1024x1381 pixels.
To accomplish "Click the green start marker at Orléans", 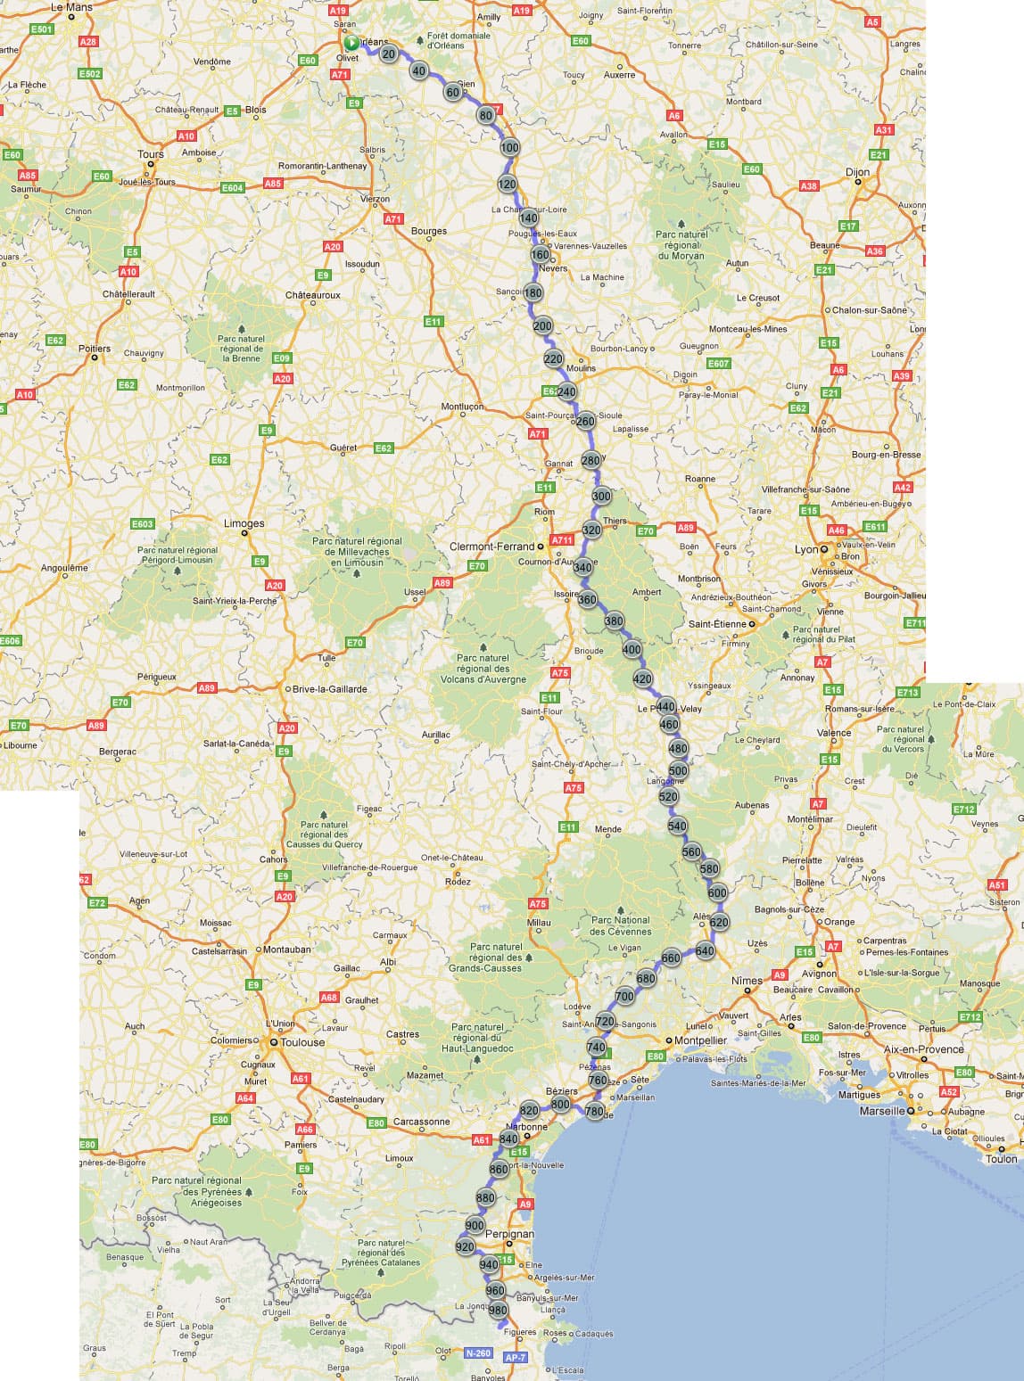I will tap(351, 43).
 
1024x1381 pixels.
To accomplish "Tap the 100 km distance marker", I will tap(509, 148).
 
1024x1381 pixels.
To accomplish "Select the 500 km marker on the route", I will tap(678, 771).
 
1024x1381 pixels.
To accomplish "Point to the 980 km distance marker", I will tap(498, 1311).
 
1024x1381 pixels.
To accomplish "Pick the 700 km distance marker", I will tap(624, 997).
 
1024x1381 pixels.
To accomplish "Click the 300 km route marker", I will tap(601, 497).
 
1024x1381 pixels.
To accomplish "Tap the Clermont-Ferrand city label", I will tap(491, 547).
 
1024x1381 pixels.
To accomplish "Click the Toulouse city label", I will tap(302, 1041).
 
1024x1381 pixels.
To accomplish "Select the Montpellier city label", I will tap(700, 1040).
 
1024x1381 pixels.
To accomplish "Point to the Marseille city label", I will tap(882, 1112).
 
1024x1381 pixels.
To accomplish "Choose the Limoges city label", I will tap(244, 523).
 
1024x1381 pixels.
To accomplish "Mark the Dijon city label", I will tap(857, 172).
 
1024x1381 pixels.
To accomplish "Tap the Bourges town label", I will tap(429, 231).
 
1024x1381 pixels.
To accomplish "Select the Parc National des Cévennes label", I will tap(621, 925).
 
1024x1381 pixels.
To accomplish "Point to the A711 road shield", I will tap(562, 539).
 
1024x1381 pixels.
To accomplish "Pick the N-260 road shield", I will tap(478, 1352).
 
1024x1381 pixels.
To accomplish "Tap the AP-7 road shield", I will tap(516, 1357).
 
